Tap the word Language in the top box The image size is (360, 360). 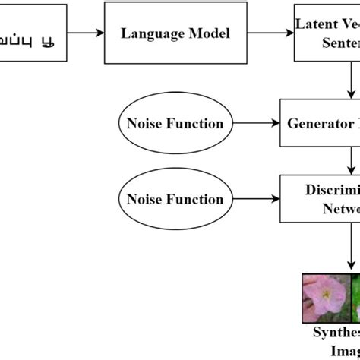click(149, 34)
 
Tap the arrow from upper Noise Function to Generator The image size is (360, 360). click(257, 124)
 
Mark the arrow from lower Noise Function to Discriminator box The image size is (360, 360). click(257, 200)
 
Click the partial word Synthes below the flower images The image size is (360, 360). click(337, 333)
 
